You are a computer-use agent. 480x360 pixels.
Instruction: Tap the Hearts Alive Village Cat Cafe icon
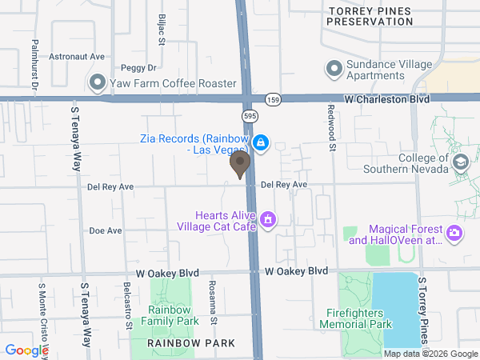[269, 218]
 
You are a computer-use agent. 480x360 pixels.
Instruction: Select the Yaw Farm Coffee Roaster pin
[98, 82]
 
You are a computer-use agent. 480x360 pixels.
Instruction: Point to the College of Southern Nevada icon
[461, 163]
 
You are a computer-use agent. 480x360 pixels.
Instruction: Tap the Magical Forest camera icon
[454, 234]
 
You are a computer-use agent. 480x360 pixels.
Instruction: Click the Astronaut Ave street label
[78, 57]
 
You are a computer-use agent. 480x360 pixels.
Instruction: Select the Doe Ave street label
[106, 230]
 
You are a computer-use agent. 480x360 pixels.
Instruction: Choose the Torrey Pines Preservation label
[369, 15]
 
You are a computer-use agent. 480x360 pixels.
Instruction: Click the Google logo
[26, 350]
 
